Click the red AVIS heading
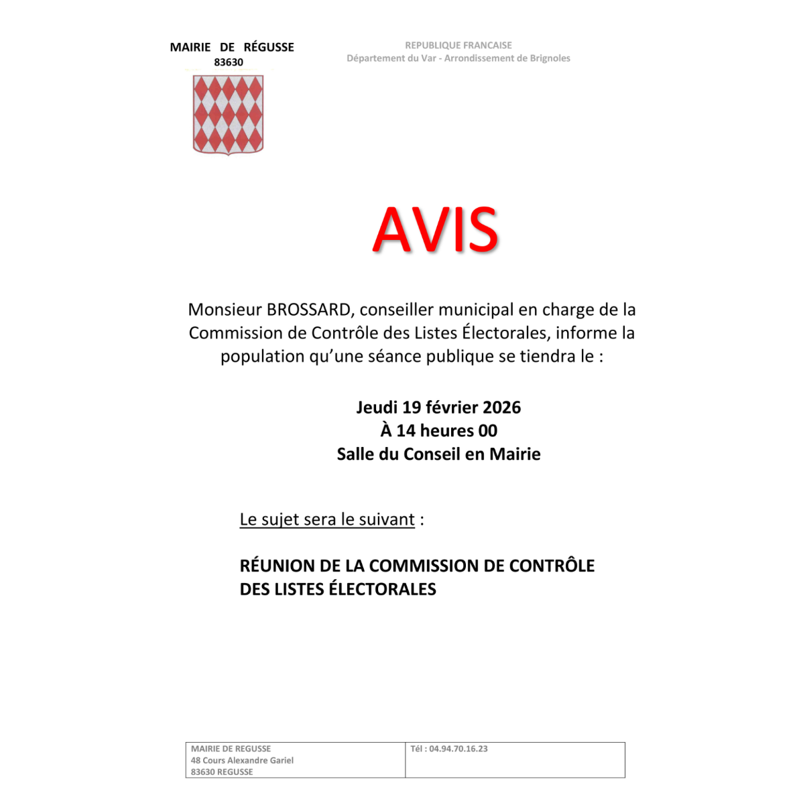436,230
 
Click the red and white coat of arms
229,115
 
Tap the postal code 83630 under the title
229,62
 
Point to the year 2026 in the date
501,408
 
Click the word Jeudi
377,408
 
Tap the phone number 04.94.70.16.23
458,749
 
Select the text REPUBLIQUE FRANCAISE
458,46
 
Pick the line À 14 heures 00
439,431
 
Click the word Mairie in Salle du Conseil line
515,454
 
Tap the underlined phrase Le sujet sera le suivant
327,519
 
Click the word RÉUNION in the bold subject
277,566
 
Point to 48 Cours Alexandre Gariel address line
242,760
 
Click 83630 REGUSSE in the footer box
222,771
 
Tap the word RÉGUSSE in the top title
269,47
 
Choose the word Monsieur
225,310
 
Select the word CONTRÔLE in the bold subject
552,566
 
